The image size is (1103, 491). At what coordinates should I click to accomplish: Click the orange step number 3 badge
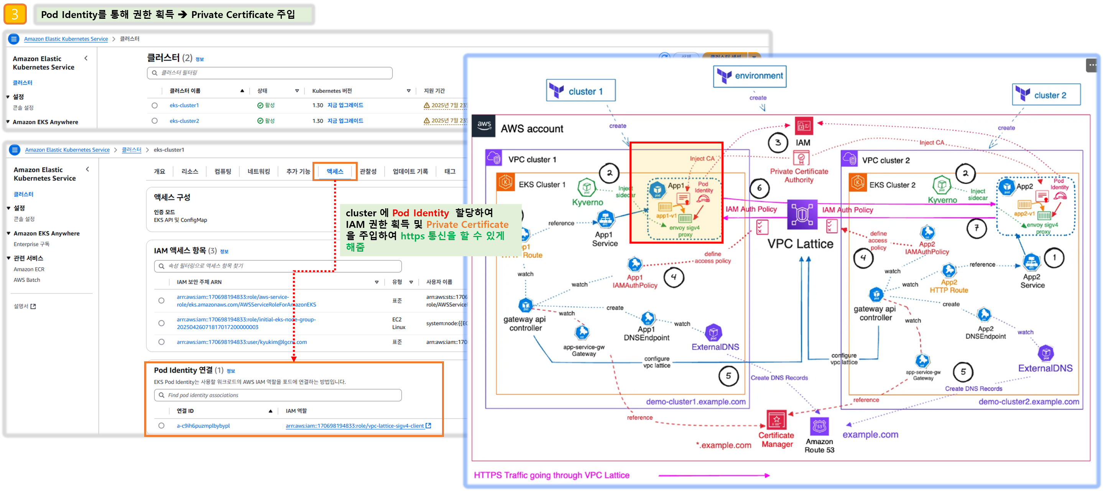pos(15,14)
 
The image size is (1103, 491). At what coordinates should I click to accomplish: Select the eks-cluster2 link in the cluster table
pos(184,121)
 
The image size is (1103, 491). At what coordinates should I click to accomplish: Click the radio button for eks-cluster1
pos(155,105)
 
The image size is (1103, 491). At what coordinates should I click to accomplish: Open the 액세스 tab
pos(335,171)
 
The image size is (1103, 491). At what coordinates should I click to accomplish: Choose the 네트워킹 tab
pos(259,171)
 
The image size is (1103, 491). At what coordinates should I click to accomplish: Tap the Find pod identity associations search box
pos(278,395)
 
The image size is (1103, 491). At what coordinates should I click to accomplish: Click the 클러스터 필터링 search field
pos(270,73)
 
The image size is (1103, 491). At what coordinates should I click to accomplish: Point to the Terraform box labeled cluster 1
pos(580,91)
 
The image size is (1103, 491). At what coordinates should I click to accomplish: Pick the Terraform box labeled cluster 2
pos(1046,95)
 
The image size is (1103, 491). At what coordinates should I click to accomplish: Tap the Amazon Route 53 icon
pos(820,427)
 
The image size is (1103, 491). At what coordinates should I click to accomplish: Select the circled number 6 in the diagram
pos(759,188)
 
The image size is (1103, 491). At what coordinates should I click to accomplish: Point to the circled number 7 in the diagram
pos(977,228)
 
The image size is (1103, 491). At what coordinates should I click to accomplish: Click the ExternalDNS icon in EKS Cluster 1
pos(713,333)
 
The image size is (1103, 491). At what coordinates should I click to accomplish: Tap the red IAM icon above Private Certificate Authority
pos(804,126)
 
